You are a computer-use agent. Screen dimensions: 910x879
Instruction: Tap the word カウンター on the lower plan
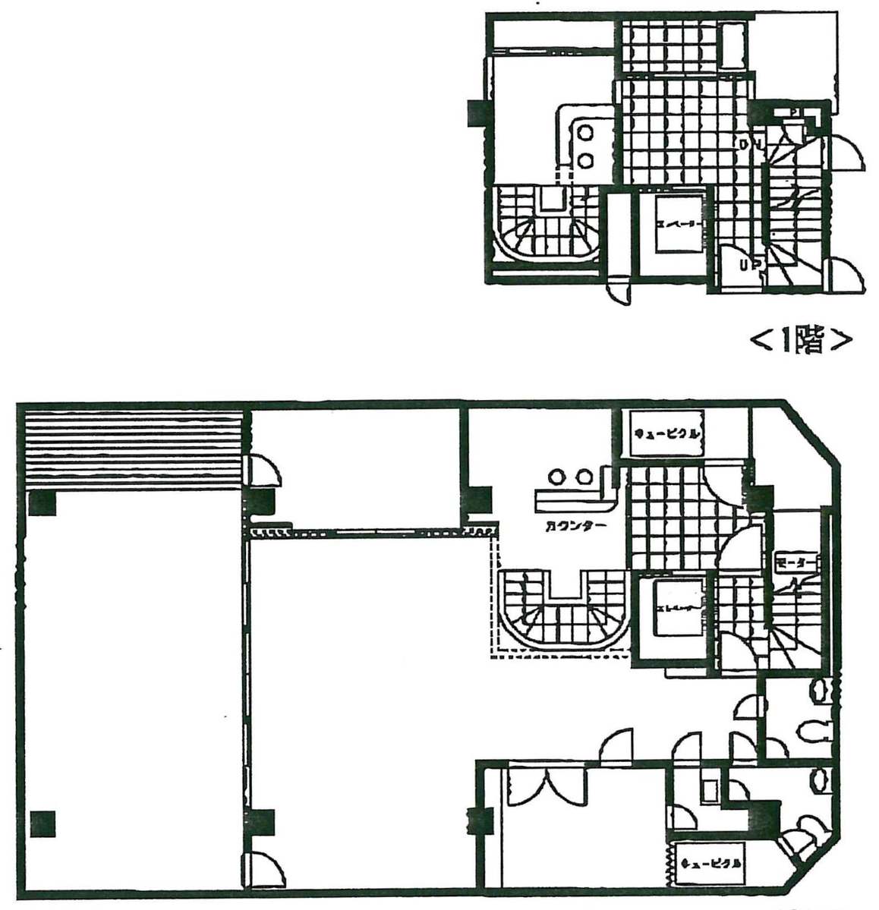tap(575, 526)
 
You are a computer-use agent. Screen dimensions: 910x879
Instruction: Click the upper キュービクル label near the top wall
tap(666, 434)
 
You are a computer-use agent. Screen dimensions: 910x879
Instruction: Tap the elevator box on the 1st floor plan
tap(675, 225)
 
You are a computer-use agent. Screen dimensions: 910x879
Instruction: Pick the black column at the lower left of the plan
tap(43, 823)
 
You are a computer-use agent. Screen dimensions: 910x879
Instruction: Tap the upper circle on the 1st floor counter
tap(586, 132)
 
